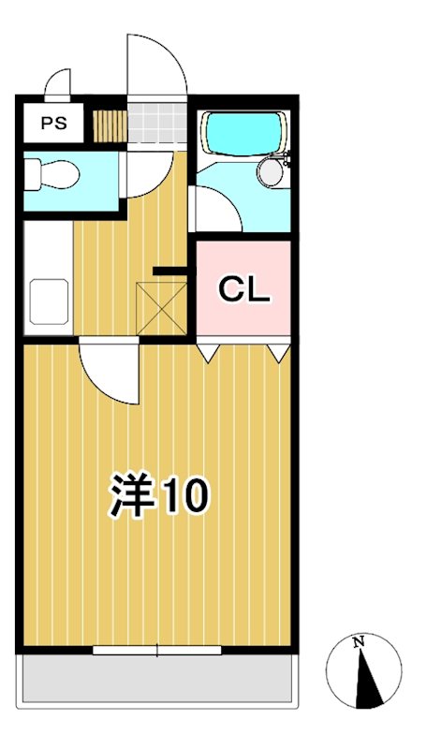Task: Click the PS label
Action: [52, 124]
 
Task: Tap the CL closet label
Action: [243, 290]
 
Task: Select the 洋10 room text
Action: [158, 496]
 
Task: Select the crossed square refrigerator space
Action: [161, 305]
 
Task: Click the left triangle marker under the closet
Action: [208, 350]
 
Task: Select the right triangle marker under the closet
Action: [277, 350]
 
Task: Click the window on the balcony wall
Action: [157, 649]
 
